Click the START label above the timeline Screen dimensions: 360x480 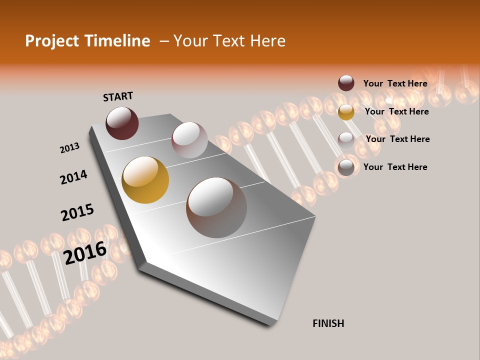[118, 96]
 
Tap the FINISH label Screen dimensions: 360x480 [328, 323]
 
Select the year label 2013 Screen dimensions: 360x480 [69, 148]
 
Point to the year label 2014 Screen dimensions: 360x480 [73, 177]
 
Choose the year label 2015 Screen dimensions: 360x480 [77, 212]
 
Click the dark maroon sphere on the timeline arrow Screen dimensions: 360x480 [122, 123]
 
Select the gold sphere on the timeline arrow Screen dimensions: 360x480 [145, 180]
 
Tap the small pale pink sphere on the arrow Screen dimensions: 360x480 [189, 140]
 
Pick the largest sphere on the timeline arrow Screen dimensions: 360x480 [216, 207]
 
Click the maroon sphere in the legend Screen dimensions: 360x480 [346, 83]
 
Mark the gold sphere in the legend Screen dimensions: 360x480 [346, 112]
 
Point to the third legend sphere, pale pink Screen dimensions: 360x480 [346, 140]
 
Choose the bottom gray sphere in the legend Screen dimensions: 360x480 [346, 167]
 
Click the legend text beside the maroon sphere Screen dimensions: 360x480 [395, 83]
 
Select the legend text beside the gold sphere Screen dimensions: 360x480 [396, 111]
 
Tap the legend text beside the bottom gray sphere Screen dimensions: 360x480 [395, 167]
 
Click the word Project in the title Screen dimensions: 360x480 [52, 41]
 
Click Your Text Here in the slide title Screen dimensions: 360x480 [229, 41]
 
